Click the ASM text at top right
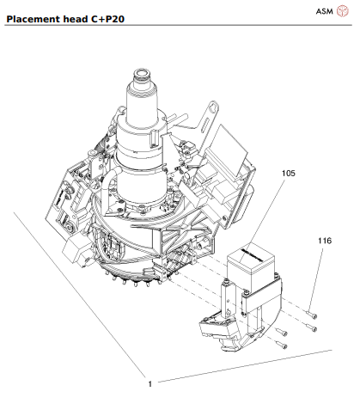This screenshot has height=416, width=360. point(324,11)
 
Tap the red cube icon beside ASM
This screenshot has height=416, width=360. point(344,11)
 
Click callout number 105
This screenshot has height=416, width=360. point(288,173)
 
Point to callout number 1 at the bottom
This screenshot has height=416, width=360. point(149,382)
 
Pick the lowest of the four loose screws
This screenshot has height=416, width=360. point(282,346)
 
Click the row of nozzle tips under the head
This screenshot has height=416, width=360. point(137,279)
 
